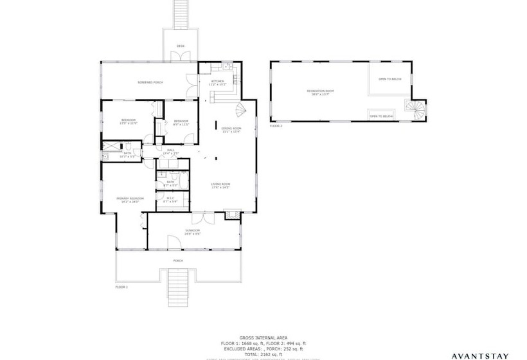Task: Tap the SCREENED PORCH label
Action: (x=150, y=82)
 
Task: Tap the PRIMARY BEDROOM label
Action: (x=130, y=199)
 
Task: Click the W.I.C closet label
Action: (x=170, y=199)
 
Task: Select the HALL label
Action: (x=171, y=150)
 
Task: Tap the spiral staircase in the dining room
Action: (x=240, y=112)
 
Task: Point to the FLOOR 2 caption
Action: (x=276, y=127)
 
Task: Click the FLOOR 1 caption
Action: (x=121, y=287)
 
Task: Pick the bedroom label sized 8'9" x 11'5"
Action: (x=181, y=122)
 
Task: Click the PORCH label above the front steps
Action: (x=178, y=260)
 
